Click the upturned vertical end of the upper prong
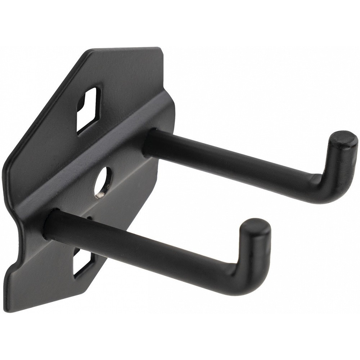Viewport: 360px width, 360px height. (338, 162)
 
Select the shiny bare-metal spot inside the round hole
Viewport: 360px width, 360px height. (99, 194)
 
